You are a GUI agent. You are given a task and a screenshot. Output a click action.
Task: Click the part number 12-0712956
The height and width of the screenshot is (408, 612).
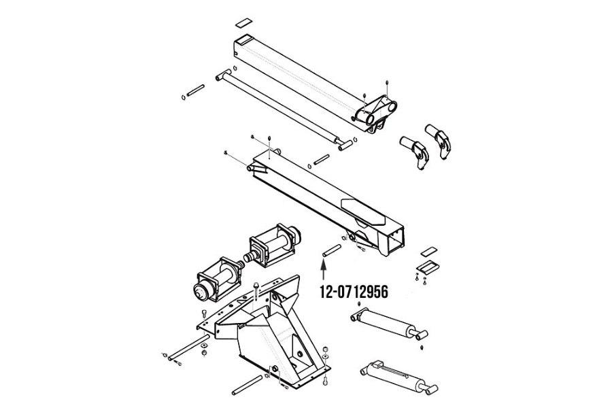coord(354,292)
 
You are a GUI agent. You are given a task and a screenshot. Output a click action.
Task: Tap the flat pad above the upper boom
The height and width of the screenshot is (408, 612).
coord(243,22)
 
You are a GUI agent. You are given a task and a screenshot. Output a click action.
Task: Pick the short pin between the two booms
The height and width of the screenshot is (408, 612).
coord(322,160)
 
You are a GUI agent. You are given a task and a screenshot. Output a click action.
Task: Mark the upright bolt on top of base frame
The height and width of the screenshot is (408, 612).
coord(255,290)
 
